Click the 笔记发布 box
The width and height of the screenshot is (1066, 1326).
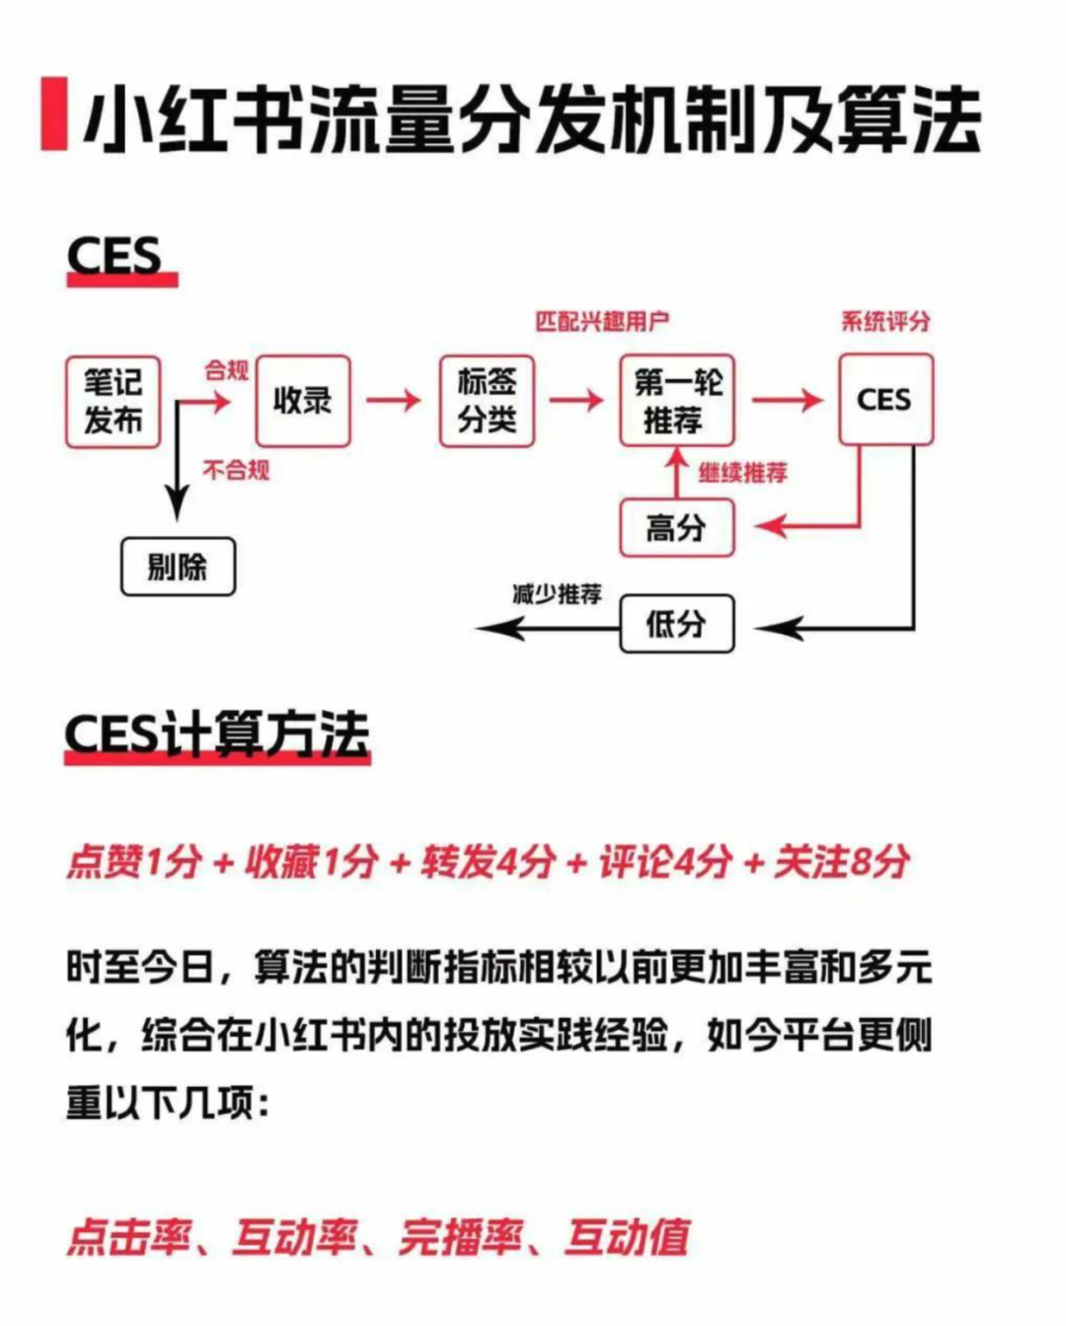113,402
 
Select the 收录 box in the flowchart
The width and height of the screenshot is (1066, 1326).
303,401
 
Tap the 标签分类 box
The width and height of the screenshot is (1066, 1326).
487,401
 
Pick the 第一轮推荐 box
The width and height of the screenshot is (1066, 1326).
677,401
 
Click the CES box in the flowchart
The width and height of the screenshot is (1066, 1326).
886,399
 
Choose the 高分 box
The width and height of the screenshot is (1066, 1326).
677,528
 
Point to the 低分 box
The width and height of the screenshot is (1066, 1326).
677,624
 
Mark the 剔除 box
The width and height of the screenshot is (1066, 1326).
178,567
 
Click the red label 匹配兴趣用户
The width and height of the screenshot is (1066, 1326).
602,322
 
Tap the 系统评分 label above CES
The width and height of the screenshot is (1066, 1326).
886,322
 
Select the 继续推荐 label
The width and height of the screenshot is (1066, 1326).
743,473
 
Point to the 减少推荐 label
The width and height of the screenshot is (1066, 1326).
557,594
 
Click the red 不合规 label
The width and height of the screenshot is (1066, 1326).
237,471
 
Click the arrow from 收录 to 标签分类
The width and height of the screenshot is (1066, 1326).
394,401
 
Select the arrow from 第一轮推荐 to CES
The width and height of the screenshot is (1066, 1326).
788,401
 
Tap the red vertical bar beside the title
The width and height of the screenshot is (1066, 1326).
54,114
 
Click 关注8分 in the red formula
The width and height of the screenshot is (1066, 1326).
842,861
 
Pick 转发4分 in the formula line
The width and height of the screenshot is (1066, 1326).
488,861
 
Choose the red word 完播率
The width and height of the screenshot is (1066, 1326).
460,1238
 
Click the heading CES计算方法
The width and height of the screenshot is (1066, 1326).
217,736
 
